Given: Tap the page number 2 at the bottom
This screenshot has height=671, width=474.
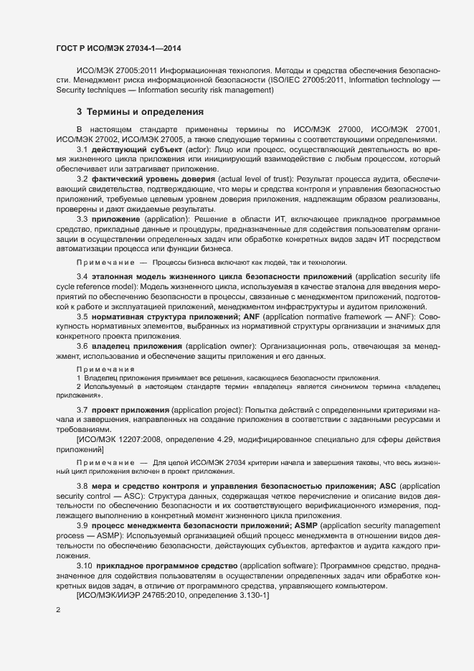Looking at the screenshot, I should coord(58,609).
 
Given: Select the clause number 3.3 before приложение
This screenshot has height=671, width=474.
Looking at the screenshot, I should coord(82,218).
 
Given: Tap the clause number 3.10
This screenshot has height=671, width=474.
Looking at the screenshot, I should coord(85,566).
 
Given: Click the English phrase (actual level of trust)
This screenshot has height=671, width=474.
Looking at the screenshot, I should coord(260,178).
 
